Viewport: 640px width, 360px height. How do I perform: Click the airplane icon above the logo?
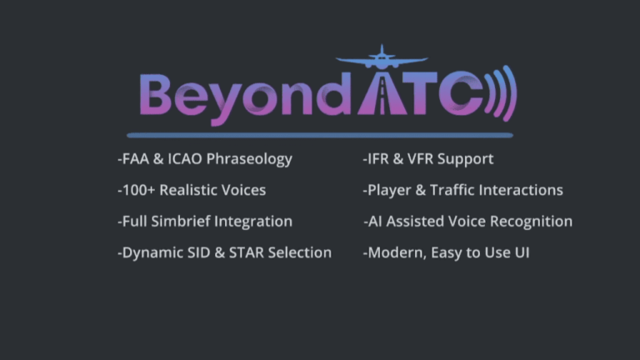point(381,59)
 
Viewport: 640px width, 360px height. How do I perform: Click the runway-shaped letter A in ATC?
point(381,97)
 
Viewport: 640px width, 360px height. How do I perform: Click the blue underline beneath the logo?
point(320,133)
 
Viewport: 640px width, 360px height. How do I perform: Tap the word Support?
point(464,159)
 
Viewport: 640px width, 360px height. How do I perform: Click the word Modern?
point(396,252)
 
